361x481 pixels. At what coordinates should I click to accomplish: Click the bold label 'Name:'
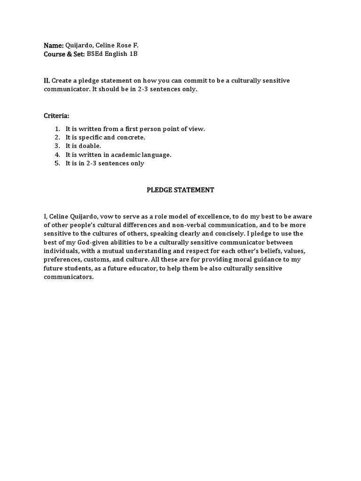pos(54,46)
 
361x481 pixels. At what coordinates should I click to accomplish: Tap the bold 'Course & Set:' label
pos(64,54)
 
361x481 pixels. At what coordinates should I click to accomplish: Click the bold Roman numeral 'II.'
pos(47,81)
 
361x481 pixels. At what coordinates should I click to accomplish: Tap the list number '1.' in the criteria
pos(57,129)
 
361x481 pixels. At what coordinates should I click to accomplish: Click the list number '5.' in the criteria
pos(57,163)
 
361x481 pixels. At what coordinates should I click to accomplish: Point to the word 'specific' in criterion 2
pos(90,137)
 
